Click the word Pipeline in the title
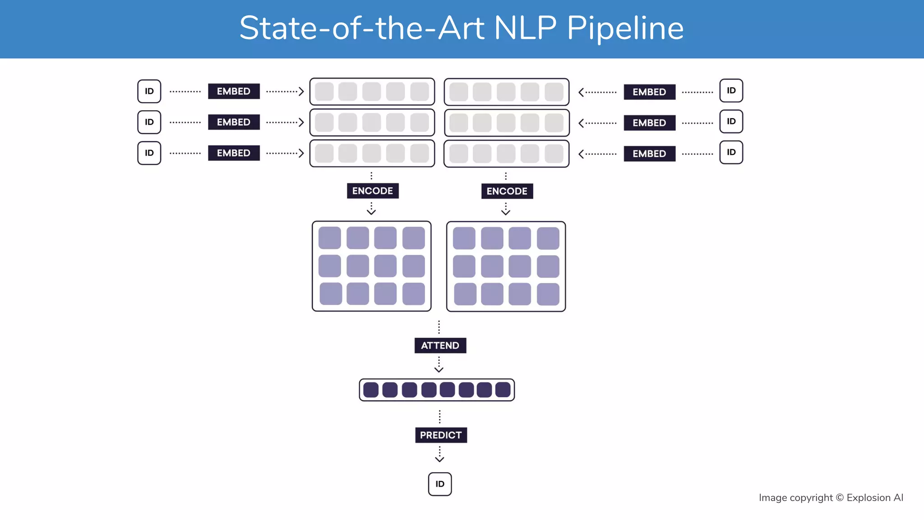pos(625,28)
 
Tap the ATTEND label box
pos(440,345)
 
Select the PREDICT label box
pos(441,435)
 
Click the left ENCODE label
pos(373,191)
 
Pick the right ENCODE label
pos(507,191)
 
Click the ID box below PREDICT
pos(440,484)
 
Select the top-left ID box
pos(149,91)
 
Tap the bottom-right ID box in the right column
pos(731,153)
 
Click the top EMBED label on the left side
pos(234,91)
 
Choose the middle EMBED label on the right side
pos(650,123)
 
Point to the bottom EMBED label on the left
pos(234,153)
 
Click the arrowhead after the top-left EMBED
pos(301,92)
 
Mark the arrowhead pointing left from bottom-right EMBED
pos(581,154)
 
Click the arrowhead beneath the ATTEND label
pos(439,370)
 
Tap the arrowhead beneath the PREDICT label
pos(440,460)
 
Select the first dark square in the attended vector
pos(371,390)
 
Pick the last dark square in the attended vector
pos(503,390)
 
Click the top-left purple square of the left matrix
pos(330,238)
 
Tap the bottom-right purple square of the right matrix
pos(548,294)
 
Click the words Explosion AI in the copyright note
pos(875,498)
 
